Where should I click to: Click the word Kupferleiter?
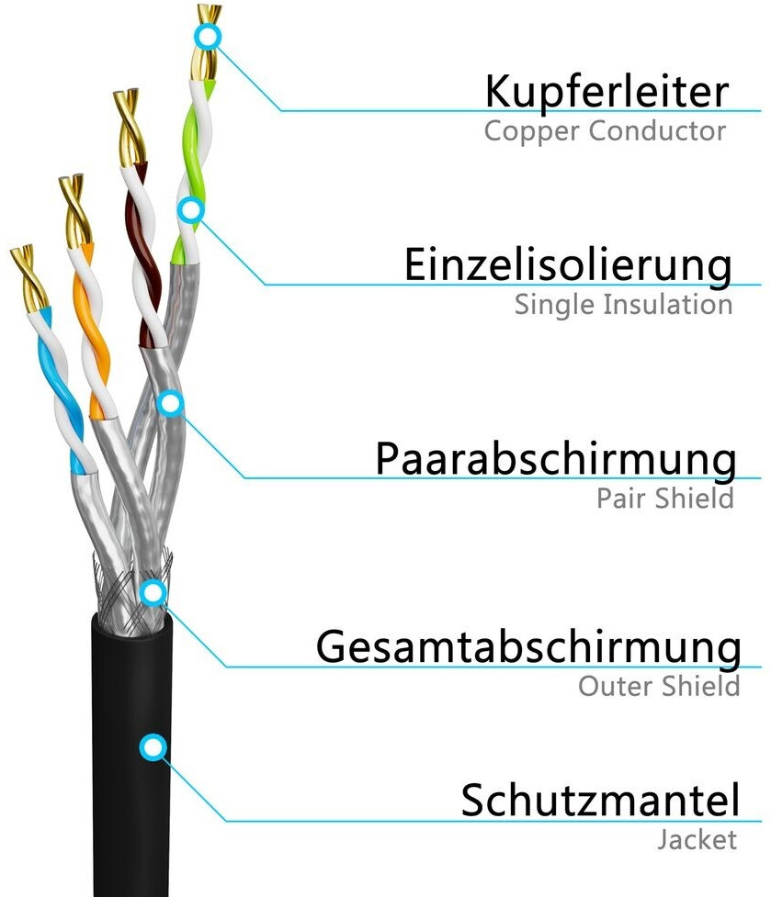pyautogui.click(x=607, y=92)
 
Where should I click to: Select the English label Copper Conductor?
pyautogui.click(x=605, y=130)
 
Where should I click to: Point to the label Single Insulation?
pyautogui.click(x=623, y=304)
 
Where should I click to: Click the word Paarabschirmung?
pyautogui.click(x=555, y=458)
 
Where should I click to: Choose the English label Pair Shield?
pyautogui.click(x=665, y=499)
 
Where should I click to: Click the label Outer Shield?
pyautogui.click(x=659, y=686)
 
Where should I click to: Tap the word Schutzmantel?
pyautogui.click(x=600, y=800)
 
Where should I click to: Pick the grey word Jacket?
pyautogui.click(x=697, y=839)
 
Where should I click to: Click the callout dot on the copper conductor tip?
pyautogui.click(x=209, y=38)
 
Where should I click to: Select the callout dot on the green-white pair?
pyautogui.click(x=190, y=210)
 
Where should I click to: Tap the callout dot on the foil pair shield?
pyautogui.click(x=171, y=403)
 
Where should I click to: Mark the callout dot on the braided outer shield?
pyautogui.click(x=153, y=592)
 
